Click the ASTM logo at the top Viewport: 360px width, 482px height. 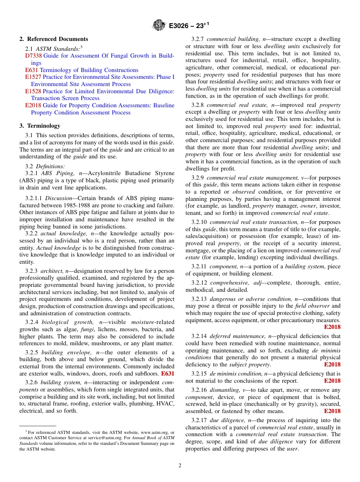pos(159,25)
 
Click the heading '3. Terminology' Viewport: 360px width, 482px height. pos(40,126)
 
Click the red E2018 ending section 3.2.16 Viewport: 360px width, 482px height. pos(332,411)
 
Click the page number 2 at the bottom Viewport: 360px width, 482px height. pos(180,466)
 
